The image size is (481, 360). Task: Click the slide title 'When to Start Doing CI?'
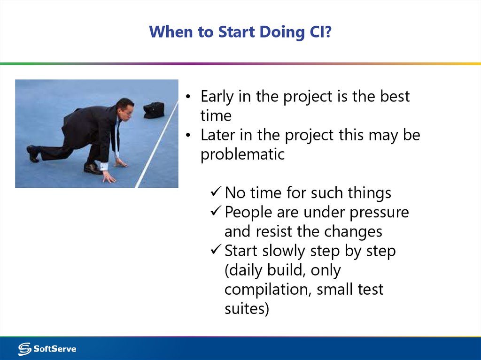coord(240,32)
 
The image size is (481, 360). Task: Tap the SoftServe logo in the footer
coord(47,349)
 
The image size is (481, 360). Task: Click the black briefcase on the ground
coord(154,110)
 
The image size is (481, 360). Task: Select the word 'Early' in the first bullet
coord(217,97)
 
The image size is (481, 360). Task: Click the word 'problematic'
coord(242,154)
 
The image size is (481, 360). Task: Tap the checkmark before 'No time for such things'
coord(216,192)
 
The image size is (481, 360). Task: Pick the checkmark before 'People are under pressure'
coord(216,212)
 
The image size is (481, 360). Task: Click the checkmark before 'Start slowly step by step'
coord(216,250)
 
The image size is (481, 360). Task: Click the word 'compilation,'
coord(268,289)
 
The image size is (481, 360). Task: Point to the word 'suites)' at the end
coord(247,309)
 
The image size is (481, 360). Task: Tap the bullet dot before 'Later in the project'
coord(188,136)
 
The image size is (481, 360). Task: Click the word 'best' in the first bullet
coord(395,97)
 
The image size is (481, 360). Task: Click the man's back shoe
coord(33,153)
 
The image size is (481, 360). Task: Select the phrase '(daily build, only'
coord(283,270)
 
